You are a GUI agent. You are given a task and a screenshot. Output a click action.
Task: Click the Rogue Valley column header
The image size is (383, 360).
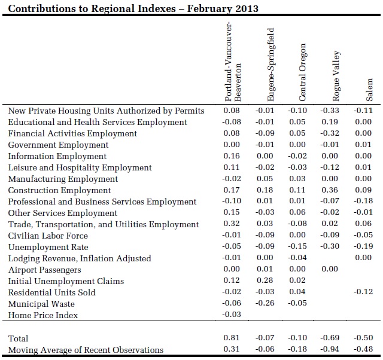point(336,76)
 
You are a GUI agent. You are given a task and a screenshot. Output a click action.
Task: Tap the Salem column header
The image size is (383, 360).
point(369,90)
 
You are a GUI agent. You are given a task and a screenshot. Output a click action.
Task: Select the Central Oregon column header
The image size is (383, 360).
point(302,72)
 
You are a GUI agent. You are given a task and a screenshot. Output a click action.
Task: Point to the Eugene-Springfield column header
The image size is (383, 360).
point(270,65)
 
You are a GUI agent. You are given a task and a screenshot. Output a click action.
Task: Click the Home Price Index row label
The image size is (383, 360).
point(42,315)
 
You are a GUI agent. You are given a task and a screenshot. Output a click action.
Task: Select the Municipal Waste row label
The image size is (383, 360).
point(41,304)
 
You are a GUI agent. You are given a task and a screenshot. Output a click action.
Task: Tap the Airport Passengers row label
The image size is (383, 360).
point(44,270)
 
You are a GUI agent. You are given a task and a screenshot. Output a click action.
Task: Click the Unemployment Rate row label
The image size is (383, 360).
point(48,247)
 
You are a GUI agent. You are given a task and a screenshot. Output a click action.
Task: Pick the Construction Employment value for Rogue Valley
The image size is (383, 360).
point(330,190)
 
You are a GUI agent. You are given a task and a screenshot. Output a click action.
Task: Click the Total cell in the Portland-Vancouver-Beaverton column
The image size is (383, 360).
point(232,337)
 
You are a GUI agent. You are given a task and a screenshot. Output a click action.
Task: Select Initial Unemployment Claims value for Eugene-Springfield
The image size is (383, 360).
point(265,280)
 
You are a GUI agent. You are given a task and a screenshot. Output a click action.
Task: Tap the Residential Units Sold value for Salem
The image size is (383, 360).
point(363,291)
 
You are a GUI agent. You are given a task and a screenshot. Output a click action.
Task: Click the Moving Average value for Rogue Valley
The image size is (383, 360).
point(330,349)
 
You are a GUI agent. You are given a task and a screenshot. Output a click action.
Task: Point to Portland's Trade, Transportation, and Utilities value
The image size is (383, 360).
point(232,223)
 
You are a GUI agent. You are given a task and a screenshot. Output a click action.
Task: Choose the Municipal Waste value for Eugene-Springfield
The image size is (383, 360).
point(265,303)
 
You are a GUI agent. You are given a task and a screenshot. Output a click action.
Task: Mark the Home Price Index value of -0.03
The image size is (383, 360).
point(232,314)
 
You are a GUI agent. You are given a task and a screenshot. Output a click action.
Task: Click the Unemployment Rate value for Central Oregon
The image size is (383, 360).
point(297,246)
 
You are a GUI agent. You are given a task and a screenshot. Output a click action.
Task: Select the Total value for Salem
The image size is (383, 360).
point(363,337)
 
